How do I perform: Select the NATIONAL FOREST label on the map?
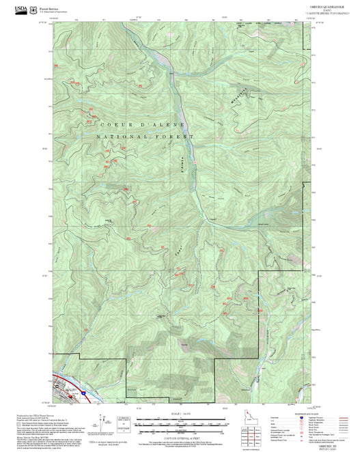coord(144,137)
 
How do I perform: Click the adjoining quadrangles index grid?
coord(255,433)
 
